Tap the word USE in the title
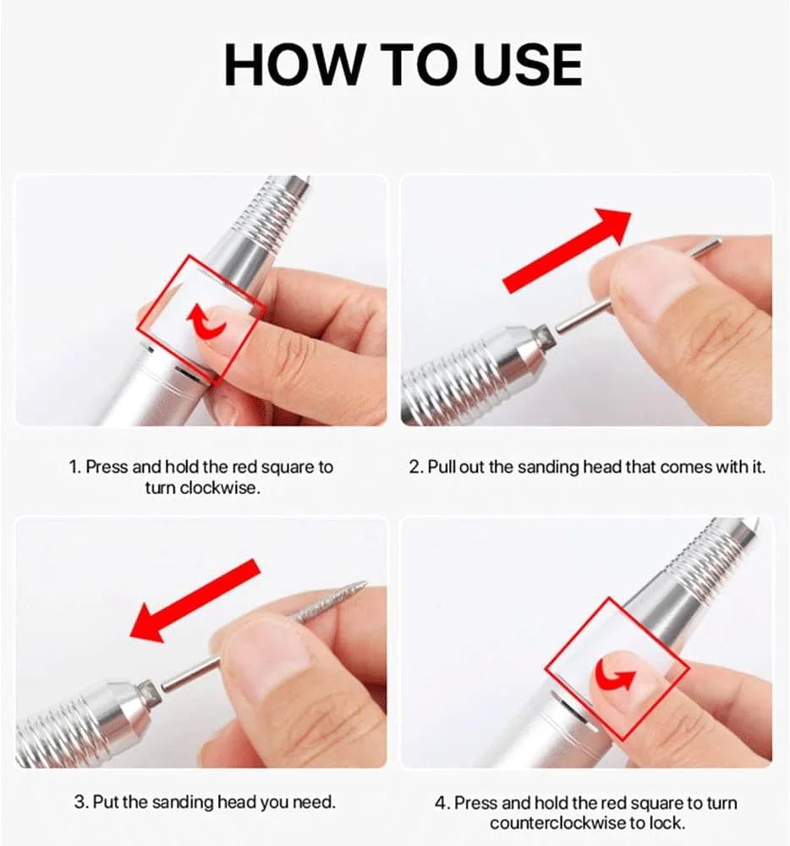(x=529, y=65)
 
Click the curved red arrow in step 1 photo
(x=206, y=321)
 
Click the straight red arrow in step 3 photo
(x=195, y=601)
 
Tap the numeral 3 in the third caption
(x=80, y=802)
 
